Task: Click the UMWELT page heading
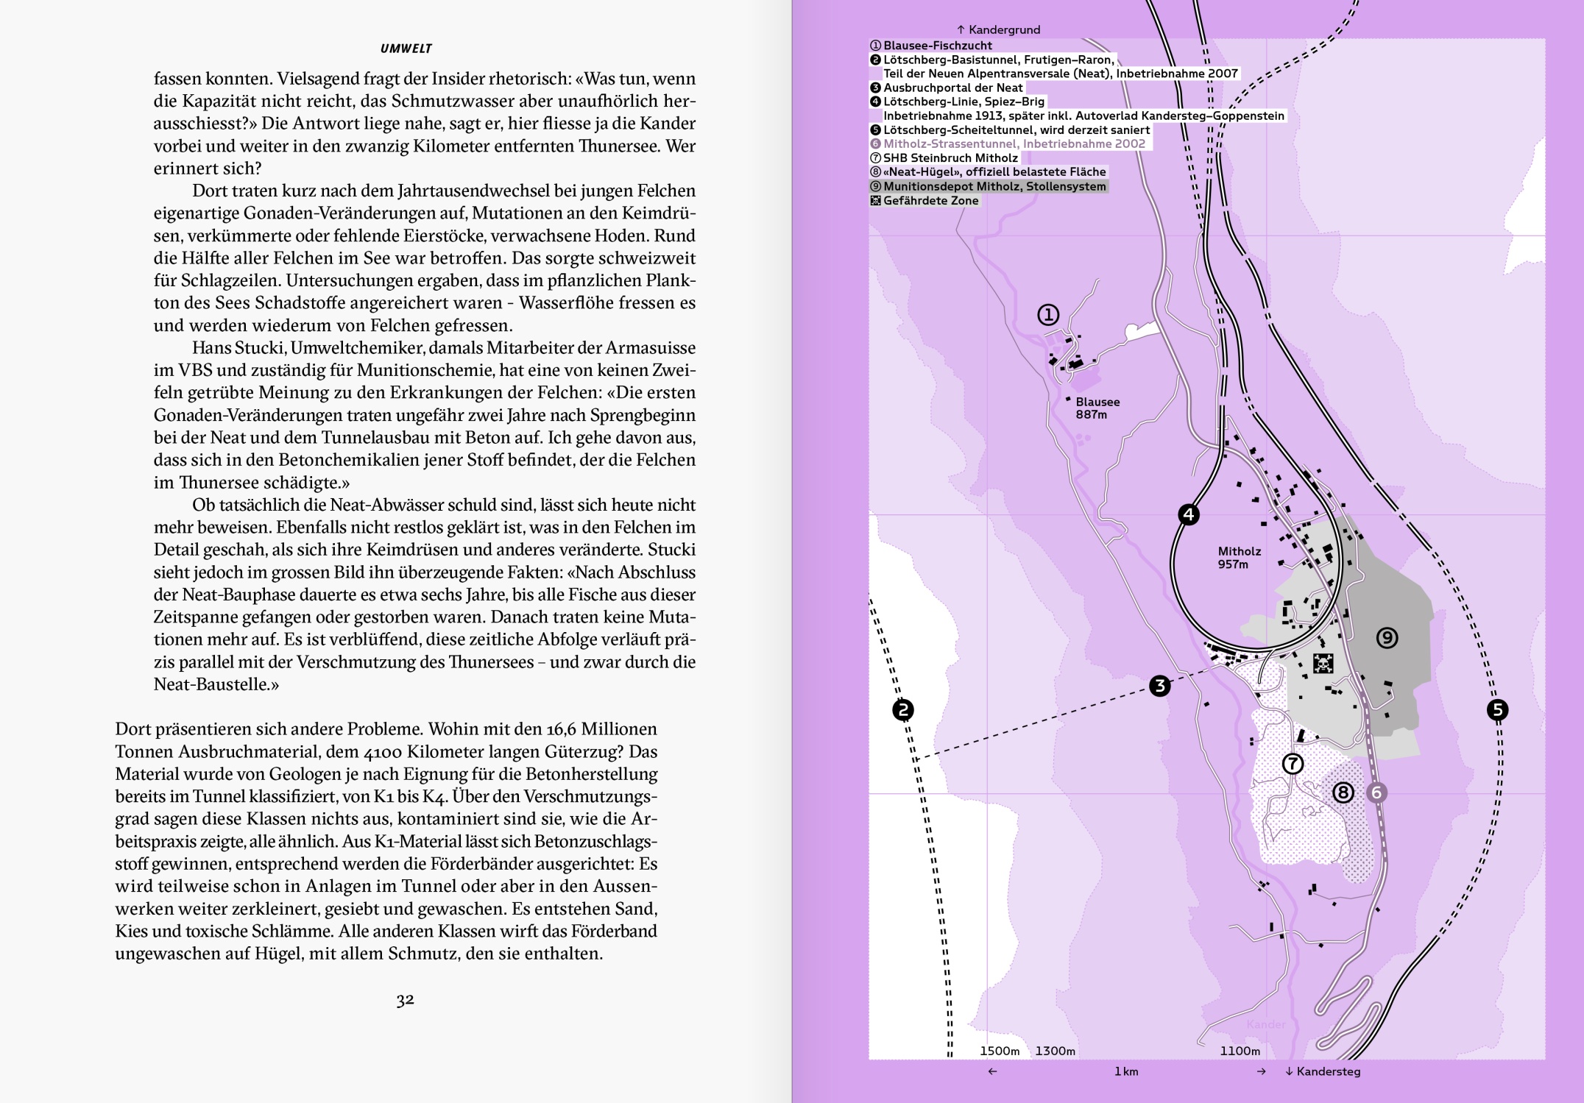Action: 406,49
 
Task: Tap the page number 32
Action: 405,999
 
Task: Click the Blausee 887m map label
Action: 1097,408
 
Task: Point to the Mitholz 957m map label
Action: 1239,557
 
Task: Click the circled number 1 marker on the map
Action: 1048,315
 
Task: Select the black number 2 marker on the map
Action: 902,710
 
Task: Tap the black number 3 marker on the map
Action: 1160,686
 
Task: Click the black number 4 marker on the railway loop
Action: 1189,514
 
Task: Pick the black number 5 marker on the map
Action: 1497,710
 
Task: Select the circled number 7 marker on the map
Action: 1293,764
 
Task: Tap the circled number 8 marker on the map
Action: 1343,792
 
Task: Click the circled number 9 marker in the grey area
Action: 1387,637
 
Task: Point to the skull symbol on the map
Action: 1323,663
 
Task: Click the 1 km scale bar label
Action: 1126,1071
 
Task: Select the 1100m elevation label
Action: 1240,1051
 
